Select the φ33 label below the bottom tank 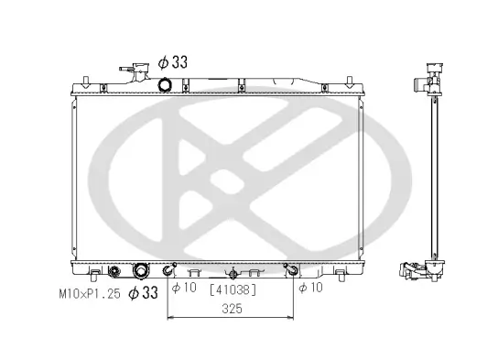(x=143, y=292)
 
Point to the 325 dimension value (x=231, y=310)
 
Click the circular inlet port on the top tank (x=166, y=85)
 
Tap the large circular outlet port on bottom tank (x=142, y=271)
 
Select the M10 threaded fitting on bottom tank (x=114, y=271)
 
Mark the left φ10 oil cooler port (x=168, y=270)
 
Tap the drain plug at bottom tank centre (x=233, y=272)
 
